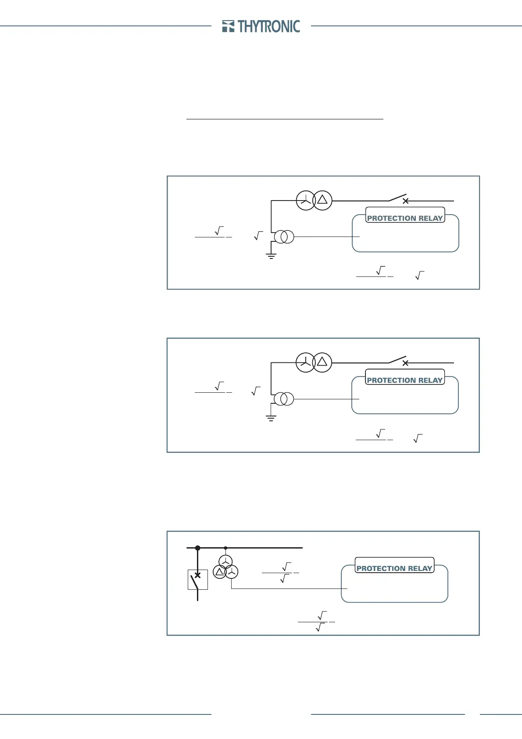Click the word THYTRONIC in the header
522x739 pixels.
269,26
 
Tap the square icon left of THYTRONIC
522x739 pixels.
228,26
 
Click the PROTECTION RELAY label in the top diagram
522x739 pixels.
405,218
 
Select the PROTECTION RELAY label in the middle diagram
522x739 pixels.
404,380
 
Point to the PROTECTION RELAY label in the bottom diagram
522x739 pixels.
394,568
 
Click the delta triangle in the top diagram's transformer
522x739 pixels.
322,200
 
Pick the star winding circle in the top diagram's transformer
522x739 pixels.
305,201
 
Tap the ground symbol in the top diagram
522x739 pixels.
271,256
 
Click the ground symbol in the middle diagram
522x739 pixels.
271,418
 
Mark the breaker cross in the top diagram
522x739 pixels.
406,201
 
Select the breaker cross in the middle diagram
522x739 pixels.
405,363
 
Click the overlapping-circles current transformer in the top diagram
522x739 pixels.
284,237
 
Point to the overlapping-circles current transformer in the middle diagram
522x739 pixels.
284,399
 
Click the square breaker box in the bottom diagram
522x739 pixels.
197,579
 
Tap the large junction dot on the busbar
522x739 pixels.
197,548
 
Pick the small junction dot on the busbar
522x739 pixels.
225,548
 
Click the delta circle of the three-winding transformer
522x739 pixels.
220,571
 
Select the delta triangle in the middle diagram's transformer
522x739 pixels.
322,362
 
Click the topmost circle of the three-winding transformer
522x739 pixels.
225,561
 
